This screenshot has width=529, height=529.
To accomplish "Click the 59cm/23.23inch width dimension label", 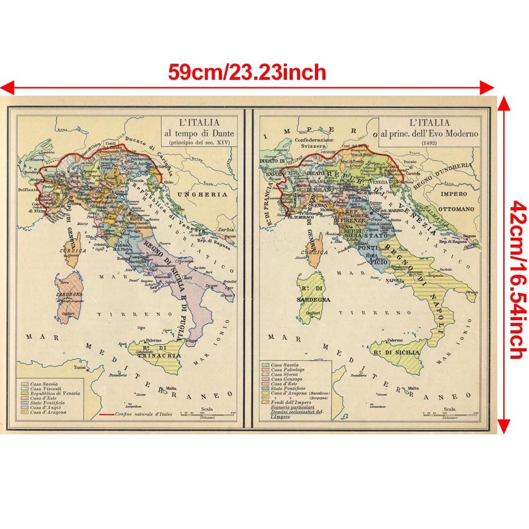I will click(247, 71).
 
